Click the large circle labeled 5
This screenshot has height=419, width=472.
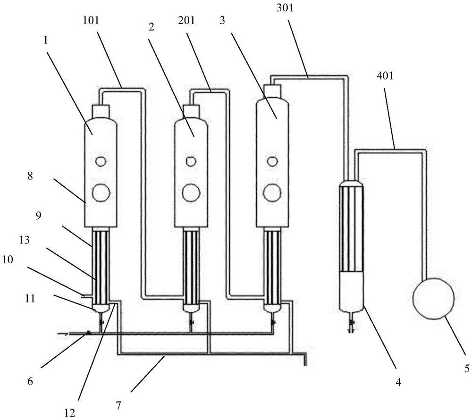pos(433,298)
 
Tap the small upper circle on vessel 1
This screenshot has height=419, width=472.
pos(100,161)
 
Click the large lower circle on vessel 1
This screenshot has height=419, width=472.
pos(100,192)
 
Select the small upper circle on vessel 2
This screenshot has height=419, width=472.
pos(191,161)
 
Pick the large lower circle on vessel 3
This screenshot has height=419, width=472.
pos(271,192)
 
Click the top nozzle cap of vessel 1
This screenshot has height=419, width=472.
pos(100,112)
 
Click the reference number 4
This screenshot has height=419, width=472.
pos(398,384)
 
